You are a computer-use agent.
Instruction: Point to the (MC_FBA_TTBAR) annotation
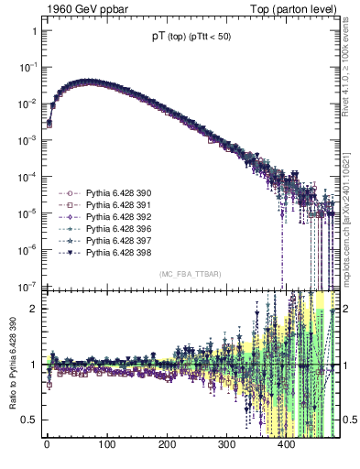(x=191, y=274)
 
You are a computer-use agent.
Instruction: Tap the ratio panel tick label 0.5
(x=28, y=420)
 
